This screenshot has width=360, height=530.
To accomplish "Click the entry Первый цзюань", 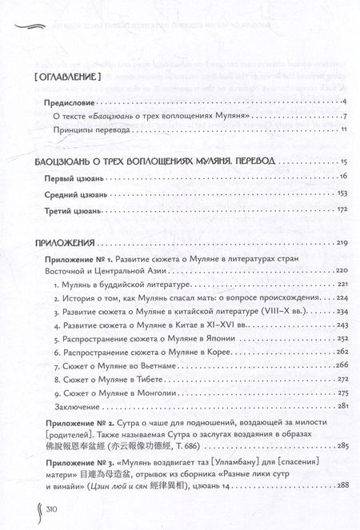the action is pyautogui.click(x=70, y=175).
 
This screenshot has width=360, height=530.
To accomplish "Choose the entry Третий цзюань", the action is pyautogui.click(x=70, y=210).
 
